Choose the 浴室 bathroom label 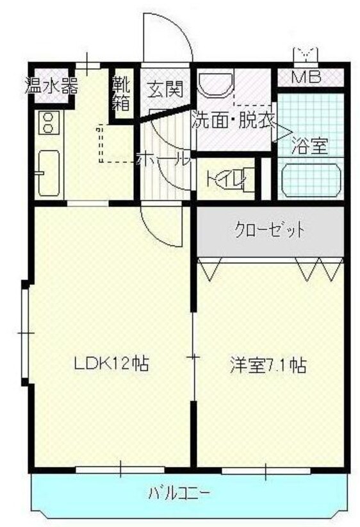[309, 145]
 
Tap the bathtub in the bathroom [311, 180]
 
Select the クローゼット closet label [269, 230]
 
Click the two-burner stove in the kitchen [48, 122]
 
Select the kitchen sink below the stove [48, 173]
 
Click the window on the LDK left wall [25, 333]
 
